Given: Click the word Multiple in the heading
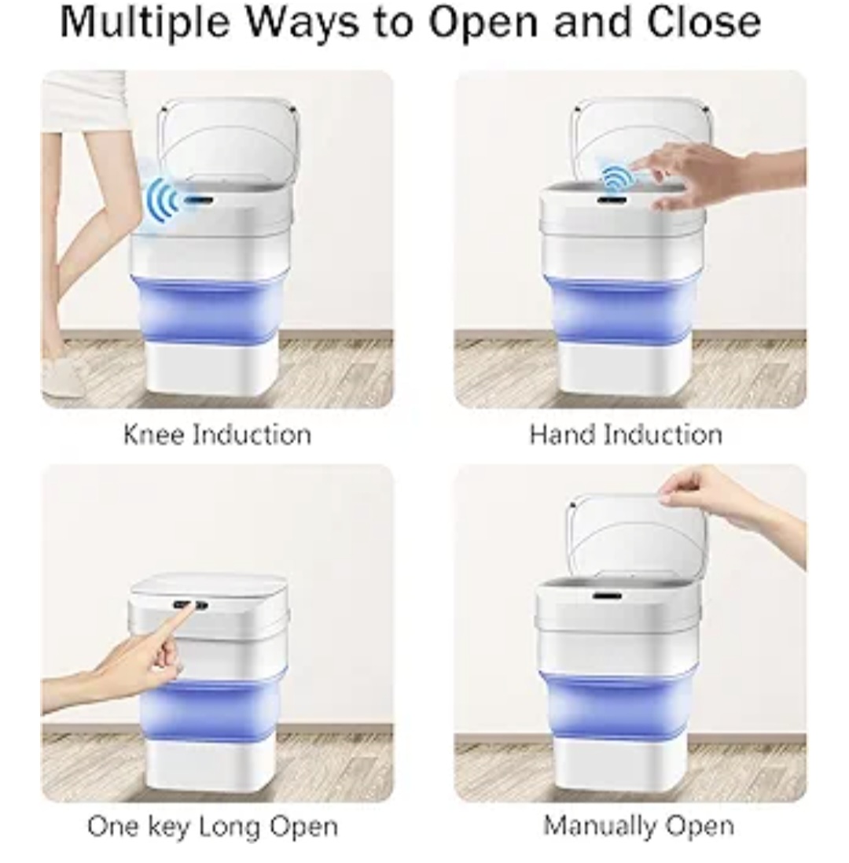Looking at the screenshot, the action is tap(145, 23).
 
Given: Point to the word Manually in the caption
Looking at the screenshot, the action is tap(597, 826).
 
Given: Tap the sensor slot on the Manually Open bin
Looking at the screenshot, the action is tap(607, 595).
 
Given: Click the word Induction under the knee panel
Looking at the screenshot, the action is tap(253, 435).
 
